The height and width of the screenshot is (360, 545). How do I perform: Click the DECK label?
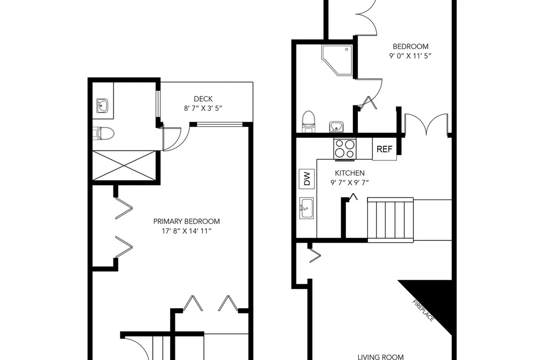[203, 99]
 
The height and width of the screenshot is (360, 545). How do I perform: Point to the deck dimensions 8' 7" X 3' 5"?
[203, 108]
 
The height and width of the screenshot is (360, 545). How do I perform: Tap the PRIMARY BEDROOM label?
[186, 221]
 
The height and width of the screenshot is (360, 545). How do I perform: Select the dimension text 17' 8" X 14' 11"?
[186, 231]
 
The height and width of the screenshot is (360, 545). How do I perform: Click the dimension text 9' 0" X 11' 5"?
[410, 55]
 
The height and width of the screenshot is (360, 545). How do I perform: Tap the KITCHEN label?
[350, 173]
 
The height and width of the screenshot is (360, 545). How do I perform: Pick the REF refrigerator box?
[385, 149]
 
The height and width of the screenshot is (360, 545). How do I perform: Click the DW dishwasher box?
[307, 179]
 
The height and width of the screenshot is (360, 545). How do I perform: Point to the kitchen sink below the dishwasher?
[307, 208]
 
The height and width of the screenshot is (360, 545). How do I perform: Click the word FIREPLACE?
[423, 310]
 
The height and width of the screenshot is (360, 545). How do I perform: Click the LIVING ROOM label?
[380, 357]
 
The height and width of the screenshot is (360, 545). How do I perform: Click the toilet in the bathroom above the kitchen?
[308, 122]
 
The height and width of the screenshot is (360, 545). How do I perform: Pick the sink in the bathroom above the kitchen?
[336, 127]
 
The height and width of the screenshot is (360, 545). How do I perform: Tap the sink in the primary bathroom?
[103, 105]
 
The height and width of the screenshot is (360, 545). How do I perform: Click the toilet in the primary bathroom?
[104, 133]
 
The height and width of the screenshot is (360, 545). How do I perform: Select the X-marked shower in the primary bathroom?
[124, 166]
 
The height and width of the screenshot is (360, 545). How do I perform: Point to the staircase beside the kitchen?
[391, 219]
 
